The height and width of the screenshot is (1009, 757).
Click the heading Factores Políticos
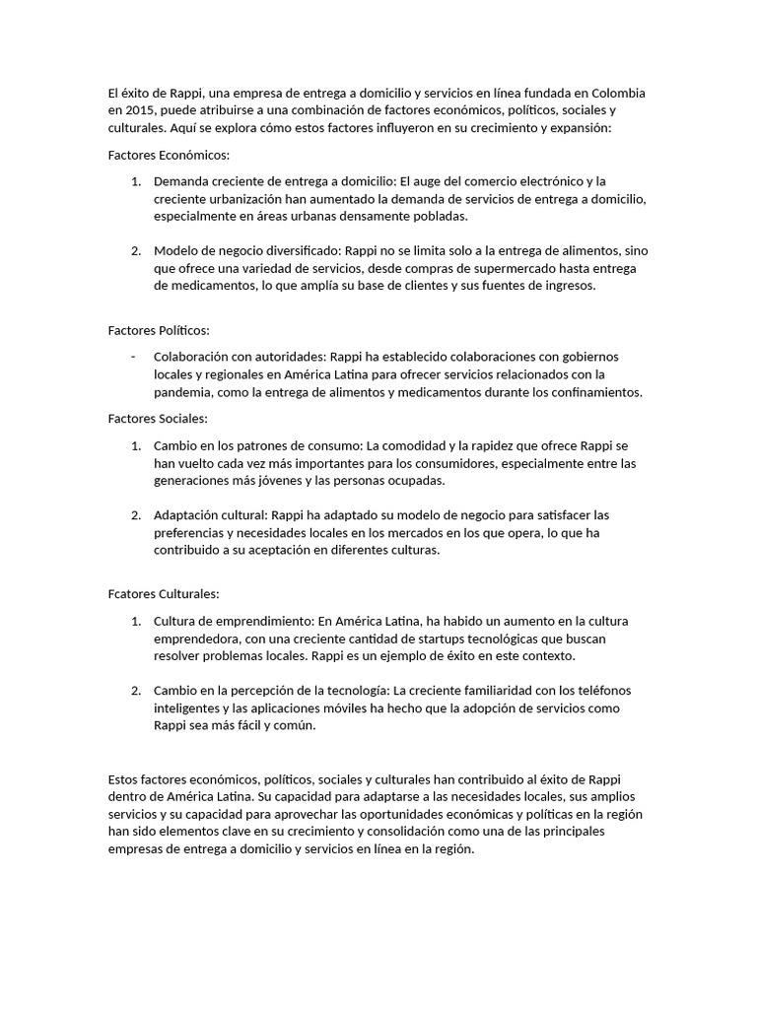[158, 330]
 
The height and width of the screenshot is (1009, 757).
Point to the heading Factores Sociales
[158, 419]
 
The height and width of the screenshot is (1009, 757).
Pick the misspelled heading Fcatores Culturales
[163, 594]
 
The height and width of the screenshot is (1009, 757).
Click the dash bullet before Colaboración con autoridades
[133, 356]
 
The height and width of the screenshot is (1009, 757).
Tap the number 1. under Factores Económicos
[136, 181]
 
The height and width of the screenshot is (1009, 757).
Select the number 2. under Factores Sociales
[136, 515]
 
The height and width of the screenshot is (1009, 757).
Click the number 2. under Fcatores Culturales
[136, 690]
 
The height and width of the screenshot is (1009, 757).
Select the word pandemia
[184, 391]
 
